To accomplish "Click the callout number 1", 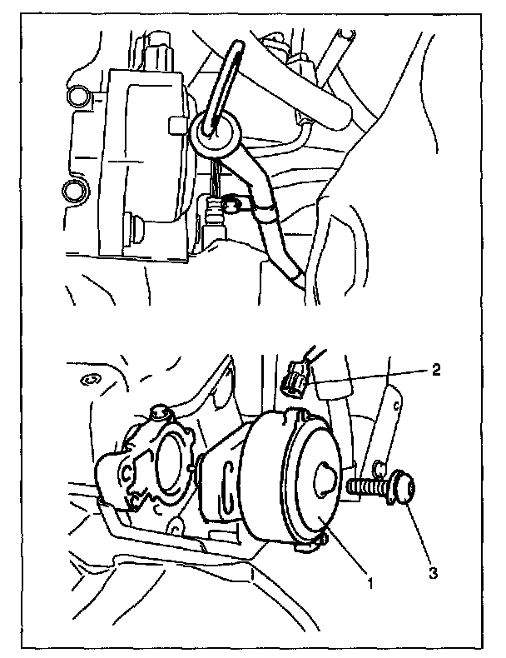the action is (370, 583).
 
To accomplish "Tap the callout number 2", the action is (436, 370).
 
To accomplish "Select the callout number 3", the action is (433, 572).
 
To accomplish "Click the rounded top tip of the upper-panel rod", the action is (237, 43).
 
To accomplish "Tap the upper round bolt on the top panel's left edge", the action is (79, 94).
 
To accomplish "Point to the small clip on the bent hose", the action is (232, 205).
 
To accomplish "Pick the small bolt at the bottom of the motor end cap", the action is (322, 540).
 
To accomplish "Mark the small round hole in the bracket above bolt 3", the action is (379, 466).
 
